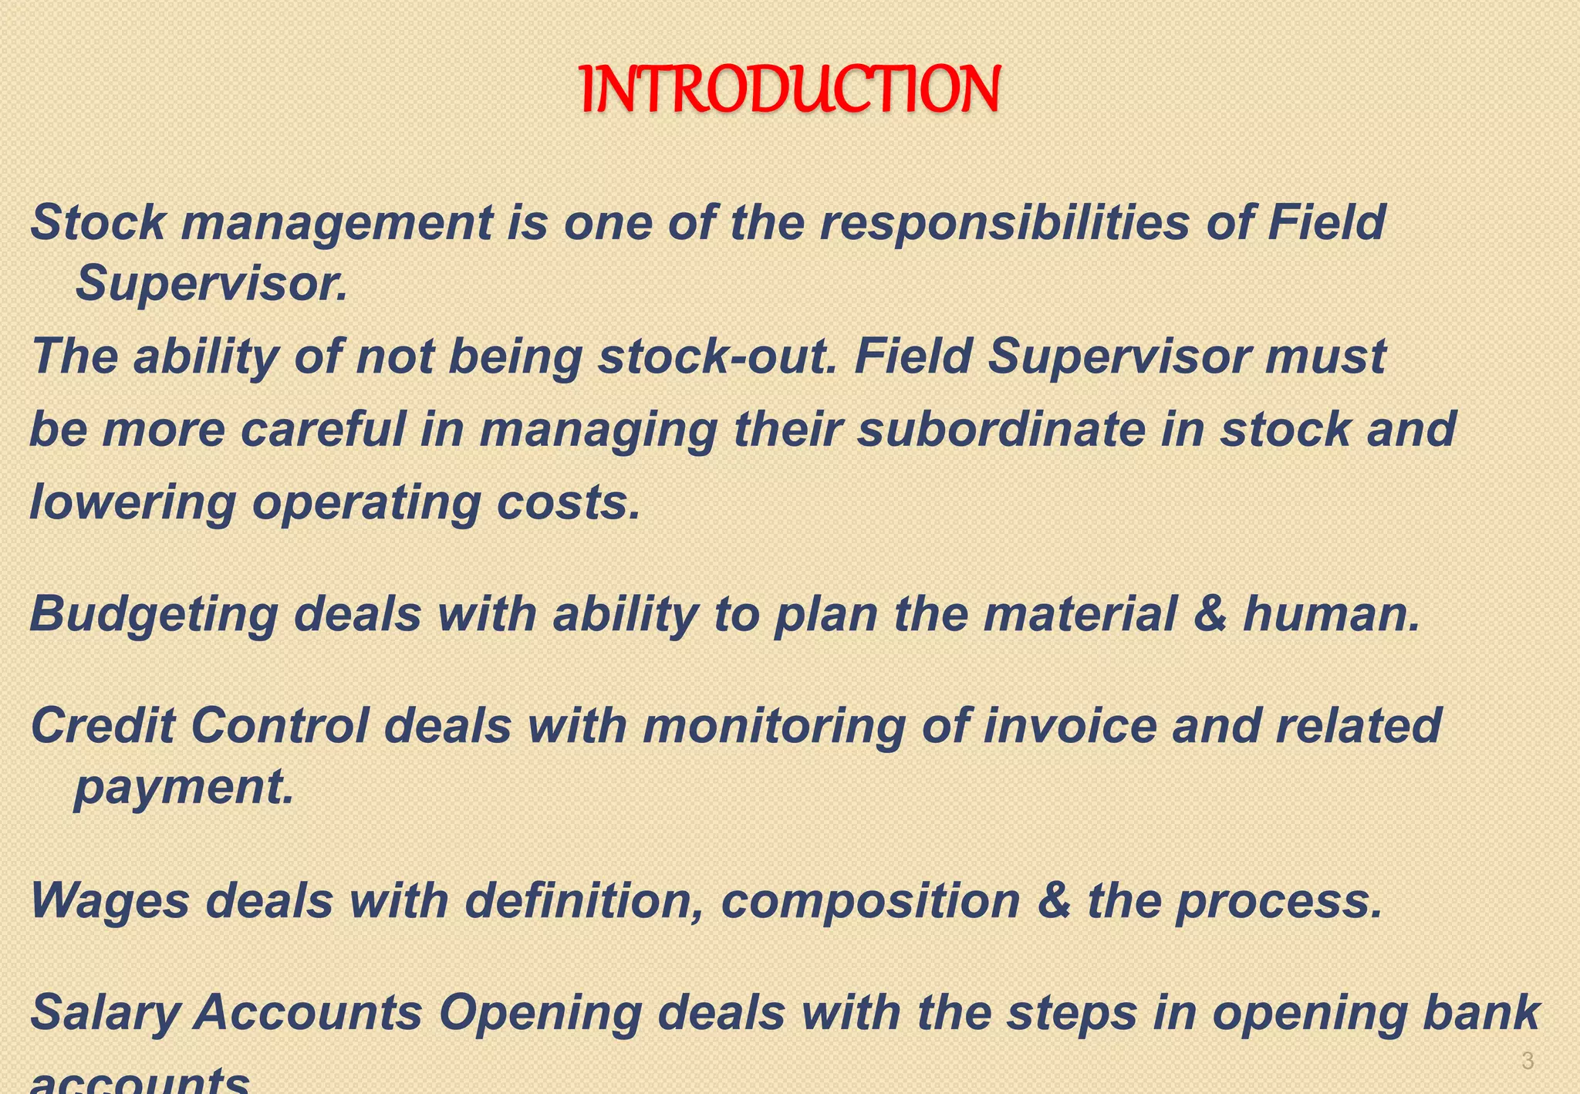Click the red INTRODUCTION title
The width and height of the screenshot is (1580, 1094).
point(790,89)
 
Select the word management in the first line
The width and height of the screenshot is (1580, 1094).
point(336,223)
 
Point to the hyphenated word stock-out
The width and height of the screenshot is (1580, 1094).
point(717,356)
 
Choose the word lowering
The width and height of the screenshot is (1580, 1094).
point(132,503)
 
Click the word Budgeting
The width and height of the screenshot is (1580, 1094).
point(154,615)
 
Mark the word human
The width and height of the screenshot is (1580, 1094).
point(1331,614)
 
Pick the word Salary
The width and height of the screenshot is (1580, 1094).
point(104,1013)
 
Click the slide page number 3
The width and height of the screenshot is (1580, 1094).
point(1527,1061)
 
